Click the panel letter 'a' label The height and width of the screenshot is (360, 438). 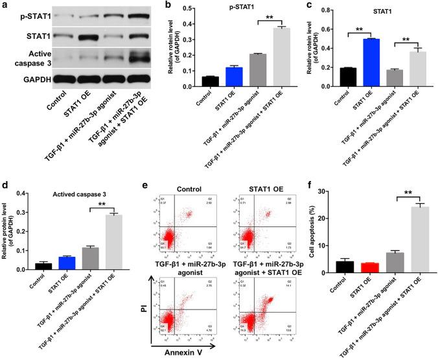point(5,5)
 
